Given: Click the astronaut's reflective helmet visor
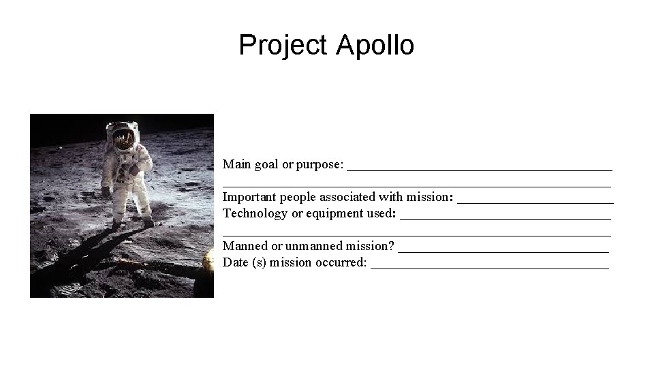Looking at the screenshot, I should click(123, 140).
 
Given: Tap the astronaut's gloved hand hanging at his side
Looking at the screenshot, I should click(106, 191).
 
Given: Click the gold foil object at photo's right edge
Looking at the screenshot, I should click(208, 261).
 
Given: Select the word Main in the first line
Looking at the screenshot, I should click(236, 164).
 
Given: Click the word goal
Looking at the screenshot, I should click(266, 164).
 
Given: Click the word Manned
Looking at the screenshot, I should click(245, 246).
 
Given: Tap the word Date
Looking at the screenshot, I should click(235, 262).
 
